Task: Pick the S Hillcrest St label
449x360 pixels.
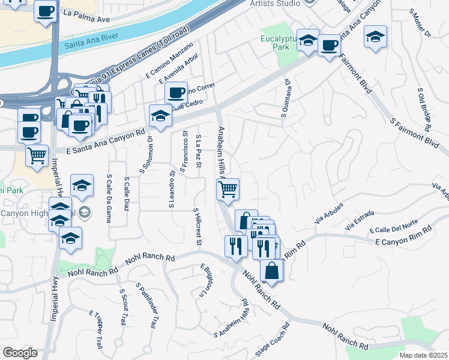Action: [196, 227]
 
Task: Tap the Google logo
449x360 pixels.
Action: [20, 353]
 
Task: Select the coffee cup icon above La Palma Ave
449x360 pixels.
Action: [46, 11]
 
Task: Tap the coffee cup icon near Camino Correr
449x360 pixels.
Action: [176, 92]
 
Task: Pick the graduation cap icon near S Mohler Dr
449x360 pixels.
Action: [375, 37]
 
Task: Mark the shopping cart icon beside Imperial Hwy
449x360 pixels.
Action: [37, 155]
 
